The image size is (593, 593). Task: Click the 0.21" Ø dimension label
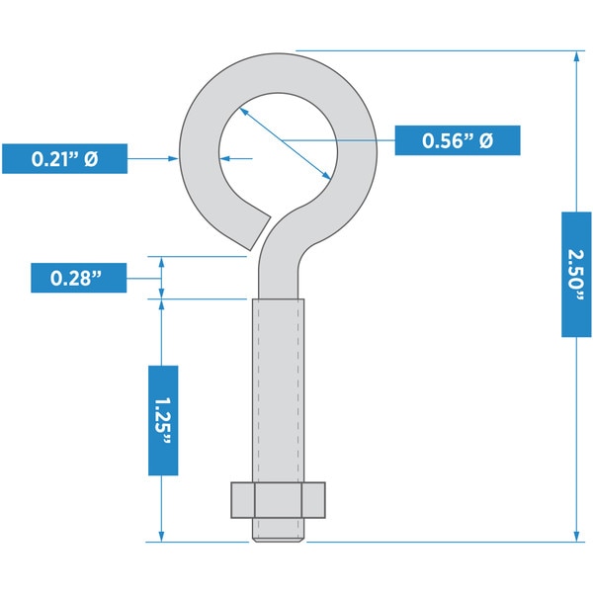[x=64, y=158]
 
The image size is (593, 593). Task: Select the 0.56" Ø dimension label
[x=458, y=140]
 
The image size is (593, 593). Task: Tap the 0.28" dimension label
[x=79, y=278]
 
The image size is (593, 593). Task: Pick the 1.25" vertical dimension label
[x=163, y=420]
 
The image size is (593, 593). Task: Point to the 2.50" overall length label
[x=576, y=274]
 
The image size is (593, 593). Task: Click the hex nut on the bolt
[x=278, y=500]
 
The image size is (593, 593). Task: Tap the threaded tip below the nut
[x=278, y=530]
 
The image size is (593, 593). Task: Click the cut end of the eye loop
[x=260, y=233]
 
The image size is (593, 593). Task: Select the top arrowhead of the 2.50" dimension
[x=576, y=56]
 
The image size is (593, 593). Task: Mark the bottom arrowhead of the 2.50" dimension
[x=576, y=537]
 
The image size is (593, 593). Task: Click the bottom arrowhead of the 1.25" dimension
[x=161, y=537]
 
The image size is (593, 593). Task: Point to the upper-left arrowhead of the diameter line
[x=244, y=112]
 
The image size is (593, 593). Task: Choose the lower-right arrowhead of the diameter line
[x=326, y=175]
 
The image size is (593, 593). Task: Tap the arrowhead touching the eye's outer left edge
[x=173, y=158]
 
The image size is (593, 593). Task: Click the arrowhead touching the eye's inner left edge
[x=224, y=158]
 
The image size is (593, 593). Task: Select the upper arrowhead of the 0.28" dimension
[x=161, y=262]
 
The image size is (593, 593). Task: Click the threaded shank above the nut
[x=278, y=390]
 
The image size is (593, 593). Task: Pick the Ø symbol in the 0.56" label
[x=486, y=140]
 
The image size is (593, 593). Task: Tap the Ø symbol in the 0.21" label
[x=91, y=158]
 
